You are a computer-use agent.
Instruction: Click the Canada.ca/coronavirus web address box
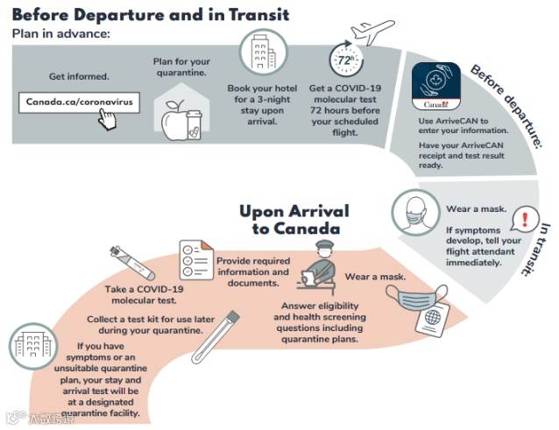click(x=79, y=102)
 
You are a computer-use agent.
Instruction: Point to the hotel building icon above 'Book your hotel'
click(x=260, y=54)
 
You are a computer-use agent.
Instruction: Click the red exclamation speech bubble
click(x=524, y=218)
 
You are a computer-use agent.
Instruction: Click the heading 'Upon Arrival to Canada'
click(x=294, y=220)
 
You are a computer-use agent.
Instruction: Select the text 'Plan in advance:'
click(x=61, y=33)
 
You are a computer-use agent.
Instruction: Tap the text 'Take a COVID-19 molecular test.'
click(x=144, y=295)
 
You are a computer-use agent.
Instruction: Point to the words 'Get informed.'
click(x=78, y=76)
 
